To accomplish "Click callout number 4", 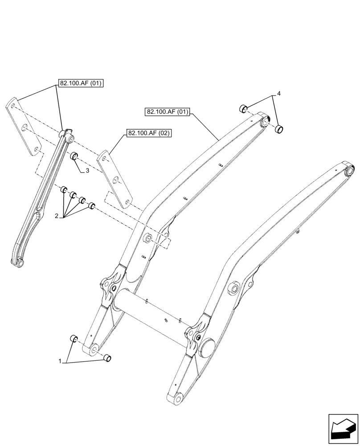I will click(x=278, y=94).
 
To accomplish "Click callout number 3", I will click(x=88, y=170).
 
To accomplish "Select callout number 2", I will click(x=57, y=216).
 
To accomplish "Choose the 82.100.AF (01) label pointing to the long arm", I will click(x=167, y=111).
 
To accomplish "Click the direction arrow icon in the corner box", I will click(x=343, y=429).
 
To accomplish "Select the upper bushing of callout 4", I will click(x=243, y=108).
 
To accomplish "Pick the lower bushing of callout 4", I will click(x=279, y=130).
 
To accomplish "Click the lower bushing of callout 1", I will click(x=107, y=358).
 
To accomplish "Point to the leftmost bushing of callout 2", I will click(x=64, y=191).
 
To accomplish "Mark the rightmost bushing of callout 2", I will click(x=92, y=206).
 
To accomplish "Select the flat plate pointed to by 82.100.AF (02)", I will click(x=115, y=178).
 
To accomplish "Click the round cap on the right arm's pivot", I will click(x=207, y=347).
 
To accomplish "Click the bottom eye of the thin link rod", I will click(x=20, y=263).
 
